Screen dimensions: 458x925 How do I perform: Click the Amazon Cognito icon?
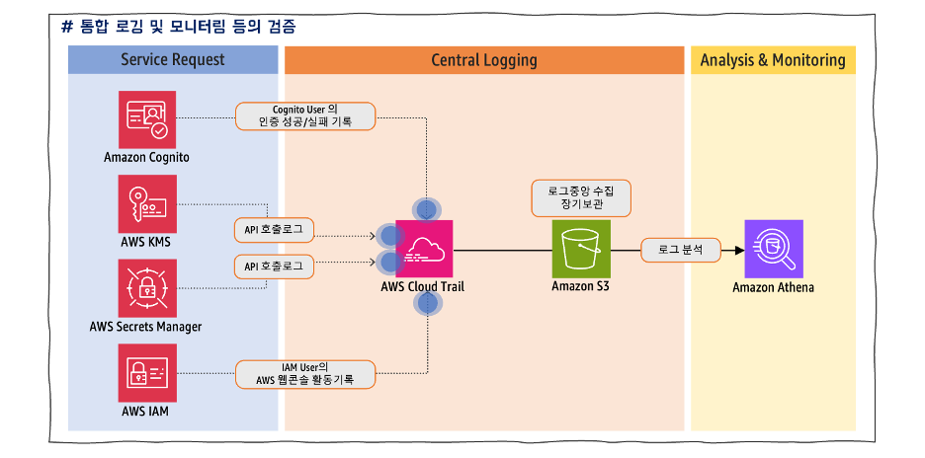pyautogui.click(x=146, y=119)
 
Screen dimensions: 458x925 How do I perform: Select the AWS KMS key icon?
pyautogui.click(x=146, y=203)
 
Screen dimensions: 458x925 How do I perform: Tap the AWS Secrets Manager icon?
pyautogui.click(x=146, y=287)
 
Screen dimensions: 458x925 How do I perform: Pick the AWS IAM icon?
pyautogui.click(x=146, y=372)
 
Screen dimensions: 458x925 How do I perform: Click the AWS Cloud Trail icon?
pyautogui.click(x=424, y=249)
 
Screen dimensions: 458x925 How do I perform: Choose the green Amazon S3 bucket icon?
pyautogui.click(x=581, y=249)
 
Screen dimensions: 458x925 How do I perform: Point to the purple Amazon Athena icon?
pyautogui.click(x=773, y=249)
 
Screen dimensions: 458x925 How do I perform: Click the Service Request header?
pyautogui.click(x=173, y=60)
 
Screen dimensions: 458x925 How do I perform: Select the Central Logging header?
pyautogui.click(x=484, y=60)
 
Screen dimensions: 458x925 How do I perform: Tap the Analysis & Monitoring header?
pyautogui.click(x=773, y=60)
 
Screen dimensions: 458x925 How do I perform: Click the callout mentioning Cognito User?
pyautogui.click(x=305, y=115)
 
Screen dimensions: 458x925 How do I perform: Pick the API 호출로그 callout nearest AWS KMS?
pyautogui.click(x=274, y=231)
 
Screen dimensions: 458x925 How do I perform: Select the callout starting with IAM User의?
pyautogui.click(x=305, y=374)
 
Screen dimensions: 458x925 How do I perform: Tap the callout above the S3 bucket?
pyautogui.click(x=580, y=197)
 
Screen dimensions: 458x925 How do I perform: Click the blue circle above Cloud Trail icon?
pyautogui.click(x=426, y=209)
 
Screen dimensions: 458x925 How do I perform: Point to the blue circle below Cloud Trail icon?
pyautogui.click(x=427, y=302)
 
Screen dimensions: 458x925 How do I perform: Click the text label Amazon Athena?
pyautogui.click(x=773, y=288)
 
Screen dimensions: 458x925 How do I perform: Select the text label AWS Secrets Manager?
pyautogui.click(x=145, y=327)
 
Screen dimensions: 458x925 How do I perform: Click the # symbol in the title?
pyautogui.click(x=67, y=27)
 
